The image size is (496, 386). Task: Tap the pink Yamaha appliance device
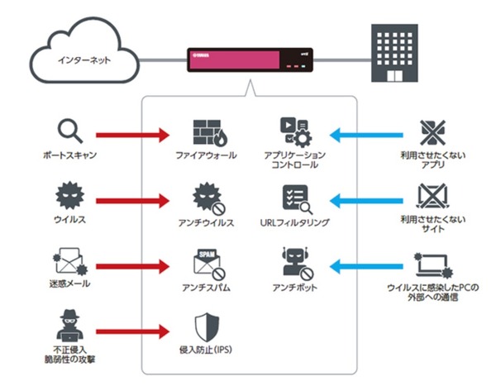pyautogui.click(x=247, y=60)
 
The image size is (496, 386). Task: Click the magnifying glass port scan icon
pyautogui.click(x=69, y=131)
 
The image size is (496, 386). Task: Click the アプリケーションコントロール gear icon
pyautogui.click(x=295, y=131)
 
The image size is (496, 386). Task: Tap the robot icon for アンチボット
pyautogui.click(x=295, y=263)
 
